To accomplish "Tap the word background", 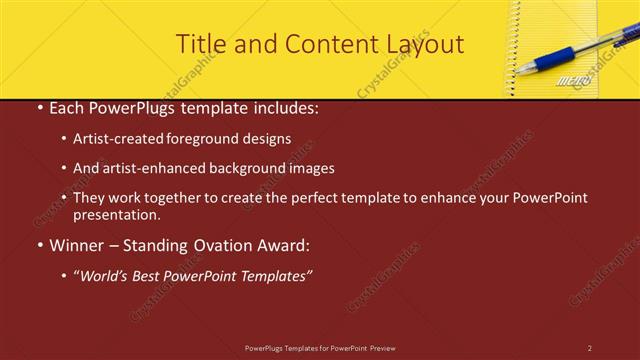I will pos(245,169).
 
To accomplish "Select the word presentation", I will pos(115,215).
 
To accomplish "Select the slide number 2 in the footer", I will pos(589,348).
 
